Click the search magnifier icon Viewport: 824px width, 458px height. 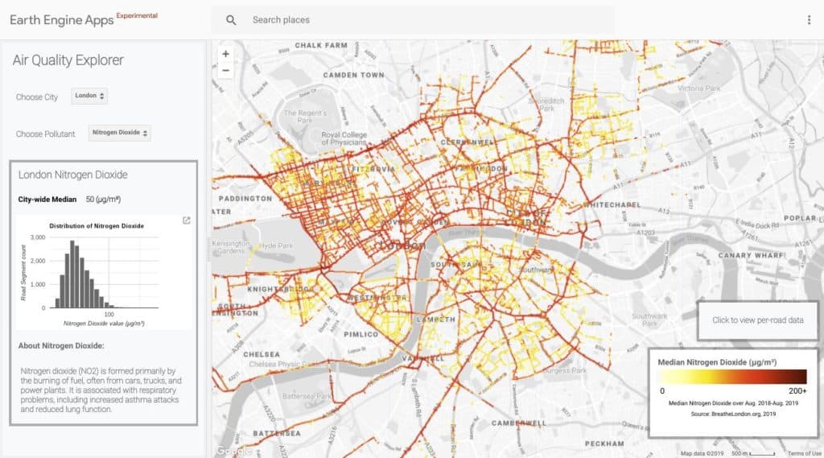pos(232,20)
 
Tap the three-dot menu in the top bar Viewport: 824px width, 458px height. pos(809,20)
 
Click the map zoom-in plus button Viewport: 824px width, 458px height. pos(225,54)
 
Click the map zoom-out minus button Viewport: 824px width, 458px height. pos(225,70)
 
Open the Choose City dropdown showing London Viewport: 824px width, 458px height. pos(90,96)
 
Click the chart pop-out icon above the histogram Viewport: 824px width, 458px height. pos(187,221)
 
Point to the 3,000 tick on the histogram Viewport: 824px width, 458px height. pos(38,238)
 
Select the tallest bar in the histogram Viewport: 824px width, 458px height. pos(71,274)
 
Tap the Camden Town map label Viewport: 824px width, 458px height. pos(353,75)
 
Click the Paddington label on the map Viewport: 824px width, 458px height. pos(245,198)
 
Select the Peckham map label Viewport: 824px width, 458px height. pos(604,444)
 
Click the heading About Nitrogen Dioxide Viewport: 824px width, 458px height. pos(61,346)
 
